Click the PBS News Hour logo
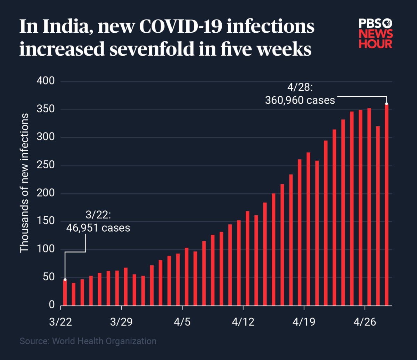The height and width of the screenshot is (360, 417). [376, 34]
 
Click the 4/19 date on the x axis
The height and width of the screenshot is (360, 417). [304, 322]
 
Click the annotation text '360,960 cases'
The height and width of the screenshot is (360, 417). [300, 101]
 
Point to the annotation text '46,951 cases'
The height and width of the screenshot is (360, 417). [98, 228]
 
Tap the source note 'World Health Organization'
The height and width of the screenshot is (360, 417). [104, 341]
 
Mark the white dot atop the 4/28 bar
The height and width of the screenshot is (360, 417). [386, 104]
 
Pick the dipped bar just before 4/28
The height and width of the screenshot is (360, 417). [378, 216]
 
